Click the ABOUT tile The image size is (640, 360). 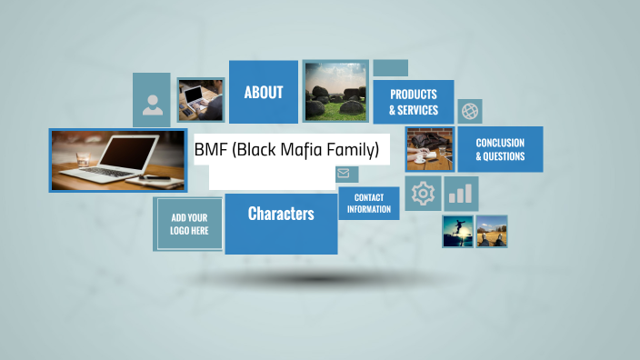coord(263,92)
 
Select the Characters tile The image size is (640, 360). coord(281,215)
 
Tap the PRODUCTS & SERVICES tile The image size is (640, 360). coord(413,102)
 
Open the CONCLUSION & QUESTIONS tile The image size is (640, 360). coord(500,149)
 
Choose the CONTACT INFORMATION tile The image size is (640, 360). coord(368,204)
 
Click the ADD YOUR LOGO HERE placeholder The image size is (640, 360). coord(189,224)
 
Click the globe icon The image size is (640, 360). coord(469,111)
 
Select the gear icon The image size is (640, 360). coord(423,194)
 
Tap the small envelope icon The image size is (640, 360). coord(343,173)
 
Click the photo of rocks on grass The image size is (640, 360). coord(335,91)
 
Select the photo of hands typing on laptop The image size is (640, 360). coord(200,99)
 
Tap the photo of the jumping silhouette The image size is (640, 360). coord(457,231)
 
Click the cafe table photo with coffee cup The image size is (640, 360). coord(430,150)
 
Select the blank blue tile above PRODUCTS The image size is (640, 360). coord(390,68)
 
